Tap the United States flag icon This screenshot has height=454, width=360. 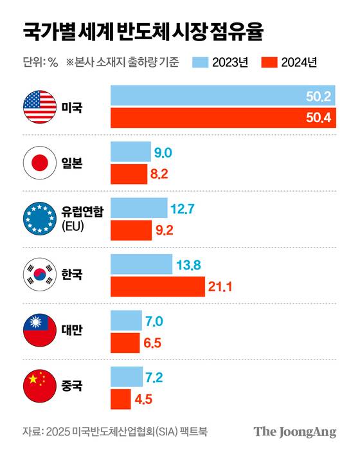40,107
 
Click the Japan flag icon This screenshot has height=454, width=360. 40,163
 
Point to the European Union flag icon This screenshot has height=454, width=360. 40,219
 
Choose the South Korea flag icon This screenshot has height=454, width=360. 40,275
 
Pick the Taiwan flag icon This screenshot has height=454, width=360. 40,331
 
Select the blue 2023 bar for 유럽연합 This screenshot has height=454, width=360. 139,208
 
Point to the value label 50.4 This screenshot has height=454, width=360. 318,118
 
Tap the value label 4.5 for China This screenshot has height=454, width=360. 145,399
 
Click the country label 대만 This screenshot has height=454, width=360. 72,331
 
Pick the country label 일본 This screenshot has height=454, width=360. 72,163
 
